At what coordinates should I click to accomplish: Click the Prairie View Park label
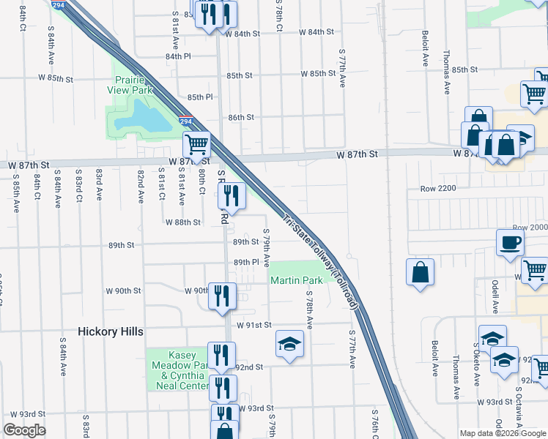coord(133,85)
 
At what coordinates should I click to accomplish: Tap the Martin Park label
coord(297,280)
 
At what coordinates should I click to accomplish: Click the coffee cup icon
coord(510,242)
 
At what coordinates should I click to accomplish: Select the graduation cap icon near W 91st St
coord(289,344)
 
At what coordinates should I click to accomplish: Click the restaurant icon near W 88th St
coord(231,195)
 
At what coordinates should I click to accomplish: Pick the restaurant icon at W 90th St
coord(222,296)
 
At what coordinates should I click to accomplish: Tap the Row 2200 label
coord(438,189)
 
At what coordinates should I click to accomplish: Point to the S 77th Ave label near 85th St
coord(341,69)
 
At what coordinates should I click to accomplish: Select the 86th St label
coord(240,117)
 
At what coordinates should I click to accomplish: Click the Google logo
coord(24,430)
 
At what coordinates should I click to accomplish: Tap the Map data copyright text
coord(503,433)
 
